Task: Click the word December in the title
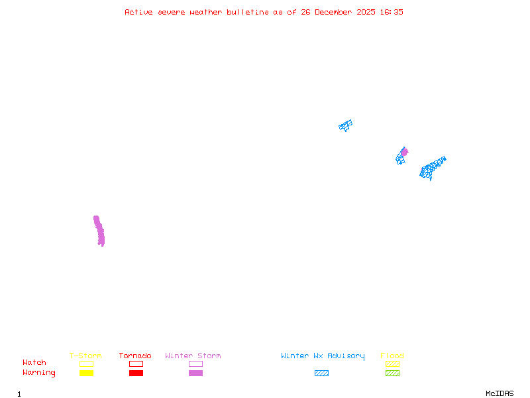tap(337, 12)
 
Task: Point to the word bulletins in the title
tap(249, 12)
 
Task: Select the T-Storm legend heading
tap(85, 356)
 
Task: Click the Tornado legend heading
tap(135, 356)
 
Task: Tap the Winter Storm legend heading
tap(193, 356)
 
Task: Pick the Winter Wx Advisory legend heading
tap(323, 356)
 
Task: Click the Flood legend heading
tap(392, 356)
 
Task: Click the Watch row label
tap(34, 363)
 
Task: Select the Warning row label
tap(39, 373)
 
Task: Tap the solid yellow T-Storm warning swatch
tap(86, 373)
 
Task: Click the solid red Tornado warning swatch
tap(136, 373)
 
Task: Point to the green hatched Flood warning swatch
tap(392, 373)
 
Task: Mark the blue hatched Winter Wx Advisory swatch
tap(321, 373)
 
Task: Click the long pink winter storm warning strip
tap(99, 231)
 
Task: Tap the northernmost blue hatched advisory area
tap(345, 125)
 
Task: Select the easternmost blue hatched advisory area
tap(432, 168)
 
